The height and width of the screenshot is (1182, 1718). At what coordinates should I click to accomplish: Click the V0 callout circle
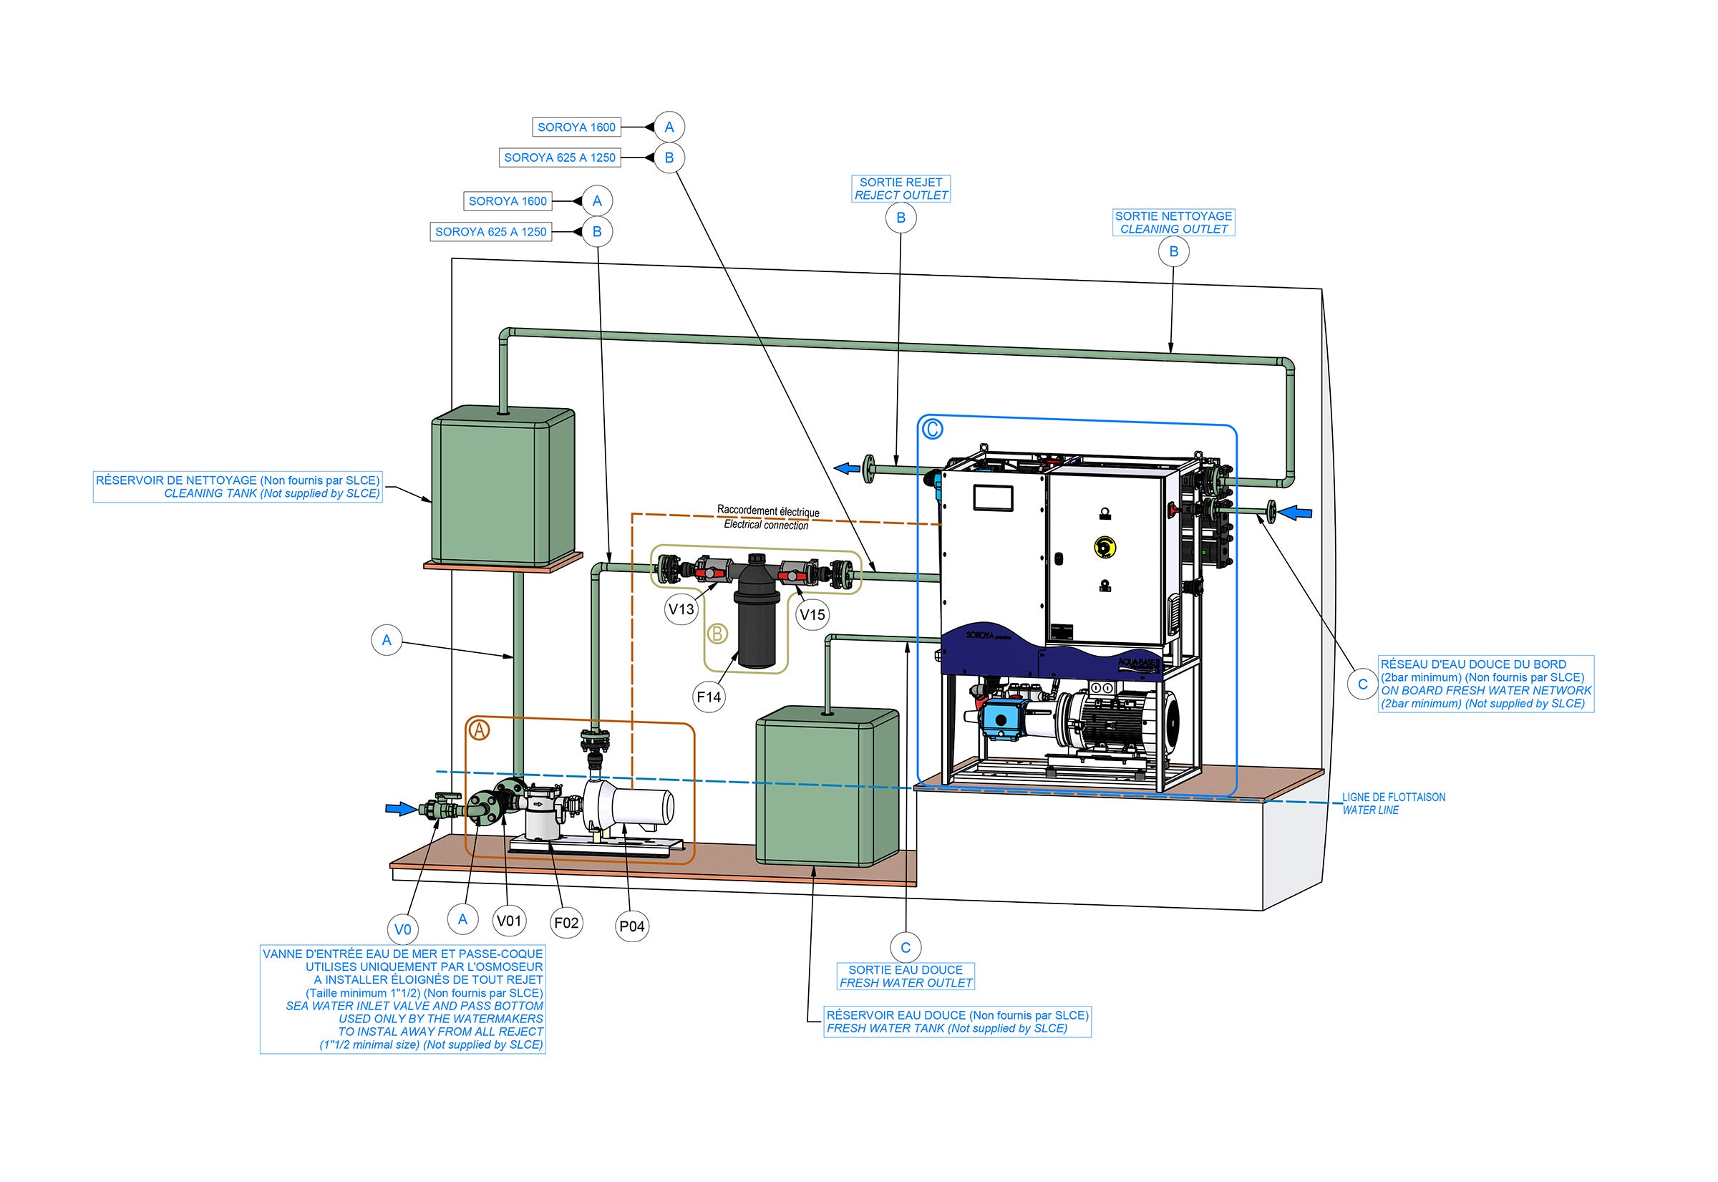pos(402,929)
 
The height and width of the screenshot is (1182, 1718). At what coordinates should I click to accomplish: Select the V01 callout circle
pos(509,921)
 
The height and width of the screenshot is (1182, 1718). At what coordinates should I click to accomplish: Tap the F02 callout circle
pos(566,923)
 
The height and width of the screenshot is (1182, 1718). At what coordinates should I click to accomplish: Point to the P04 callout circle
pos(631,926)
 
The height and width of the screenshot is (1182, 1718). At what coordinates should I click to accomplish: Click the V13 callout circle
pos(681,609)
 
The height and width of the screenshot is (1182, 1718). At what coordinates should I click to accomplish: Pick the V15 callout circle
pos(812,615)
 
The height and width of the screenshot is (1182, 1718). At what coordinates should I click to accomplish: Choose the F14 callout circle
pos(709,697)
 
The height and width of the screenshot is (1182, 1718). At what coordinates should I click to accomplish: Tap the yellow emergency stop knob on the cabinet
pos(1105,546)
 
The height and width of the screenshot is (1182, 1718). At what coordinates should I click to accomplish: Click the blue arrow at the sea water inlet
pos(402,809)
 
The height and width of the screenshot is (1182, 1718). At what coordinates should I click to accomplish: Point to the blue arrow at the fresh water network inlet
pos(1296,512)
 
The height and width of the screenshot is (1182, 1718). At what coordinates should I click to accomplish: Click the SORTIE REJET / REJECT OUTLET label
pos(901,189)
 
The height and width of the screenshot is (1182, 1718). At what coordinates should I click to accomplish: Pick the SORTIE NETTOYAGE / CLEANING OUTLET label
pos(1173,223)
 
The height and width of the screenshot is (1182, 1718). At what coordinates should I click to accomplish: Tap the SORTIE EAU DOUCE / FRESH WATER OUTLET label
pos(905,976)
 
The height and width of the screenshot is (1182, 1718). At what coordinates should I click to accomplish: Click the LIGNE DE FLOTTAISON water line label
pos(1393,803)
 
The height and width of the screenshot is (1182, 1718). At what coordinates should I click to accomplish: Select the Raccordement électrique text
pos(768,512)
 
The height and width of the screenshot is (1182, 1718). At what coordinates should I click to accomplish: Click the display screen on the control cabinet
pos(993,498)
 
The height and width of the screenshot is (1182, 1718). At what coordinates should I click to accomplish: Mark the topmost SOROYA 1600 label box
pos(576,127)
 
